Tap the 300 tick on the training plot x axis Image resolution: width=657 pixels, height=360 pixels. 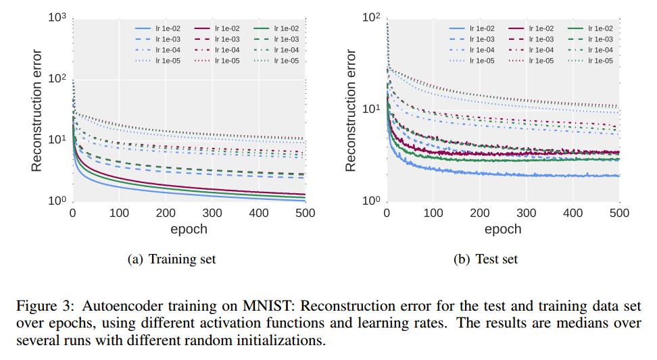click(x=212, y=213)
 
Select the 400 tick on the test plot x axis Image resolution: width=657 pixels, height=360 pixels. click(x=573, y=213)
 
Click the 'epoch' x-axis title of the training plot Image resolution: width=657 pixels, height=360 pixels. click(x=189, y=229)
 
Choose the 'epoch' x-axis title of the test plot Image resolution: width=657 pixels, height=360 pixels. click(x=503, y=229)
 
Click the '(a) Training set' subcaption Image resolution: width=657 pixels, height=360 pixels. click(x=172, y=259)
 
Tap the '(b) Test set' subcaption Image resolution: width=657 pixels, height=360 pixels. click(x=489, y=259)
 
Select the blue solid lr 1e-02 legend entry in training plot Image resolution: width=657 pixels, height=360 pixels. click(x=153, y=28)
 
